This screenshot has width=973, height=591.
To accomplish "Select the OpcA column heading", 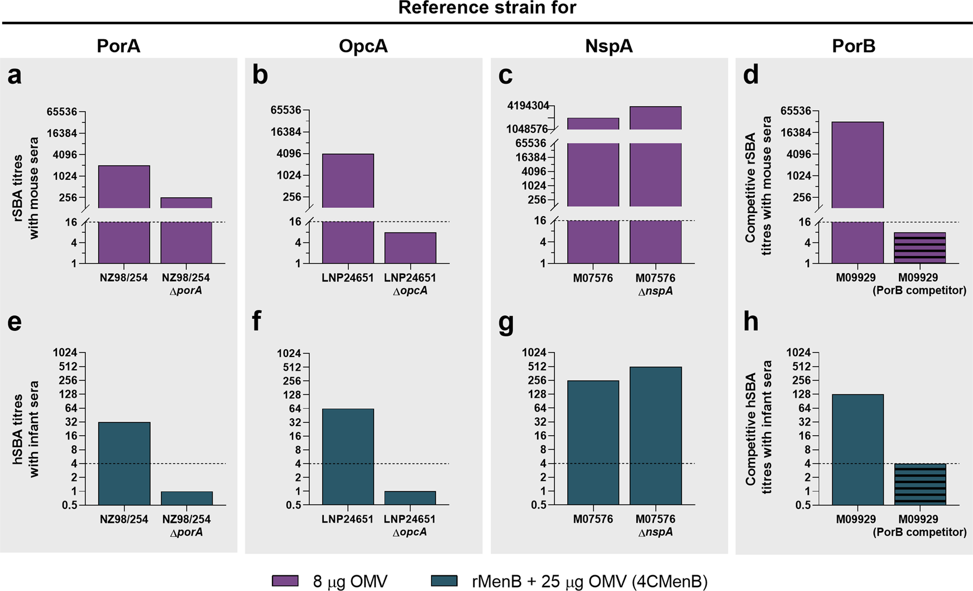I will pos(363,46).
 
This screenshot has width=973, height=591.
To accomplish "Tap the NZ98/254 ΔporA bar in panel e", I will pos(186,498).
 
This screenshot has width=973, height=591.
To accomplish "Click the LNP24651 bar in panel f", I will pos(348,456).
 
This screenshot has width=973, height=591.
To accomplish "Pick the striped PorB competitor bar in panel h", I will pos(919,484).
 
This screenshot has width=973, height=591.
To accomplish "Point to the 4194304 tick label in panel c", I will pos(528,106).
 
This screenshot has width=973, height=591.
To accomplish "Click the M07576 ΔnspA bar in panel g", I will pos(655,436).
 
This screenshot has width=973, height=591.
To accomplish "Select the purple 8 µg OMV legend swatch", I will pos(285,581).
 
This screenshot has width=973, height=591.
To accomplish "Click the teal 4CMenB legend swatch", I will pos(444,581).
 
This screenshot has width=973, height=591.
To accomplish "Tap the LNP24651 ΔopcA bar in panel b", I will pos(410,247).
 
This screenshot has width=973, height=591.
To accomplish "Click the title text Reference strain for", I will pos(487,8).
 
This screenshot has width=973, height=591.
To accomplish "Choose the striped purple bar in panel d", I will pos(919,247).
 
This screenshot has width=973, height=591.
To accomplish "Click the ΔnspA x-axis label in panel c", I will pos(655,291).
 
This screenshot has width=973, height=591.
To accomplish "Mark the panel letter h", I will pos(751,322).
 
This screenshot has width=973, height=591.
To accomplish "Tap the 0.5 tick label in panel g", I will pos(538,505).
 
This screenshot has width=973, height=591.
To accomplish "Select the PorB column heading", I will pos(854,46).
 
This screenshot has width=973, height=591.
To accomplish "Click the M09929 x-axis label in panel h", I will pos(855,519).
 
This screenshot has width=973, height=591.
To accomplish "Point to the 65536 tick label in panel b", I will pos(286,110).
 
